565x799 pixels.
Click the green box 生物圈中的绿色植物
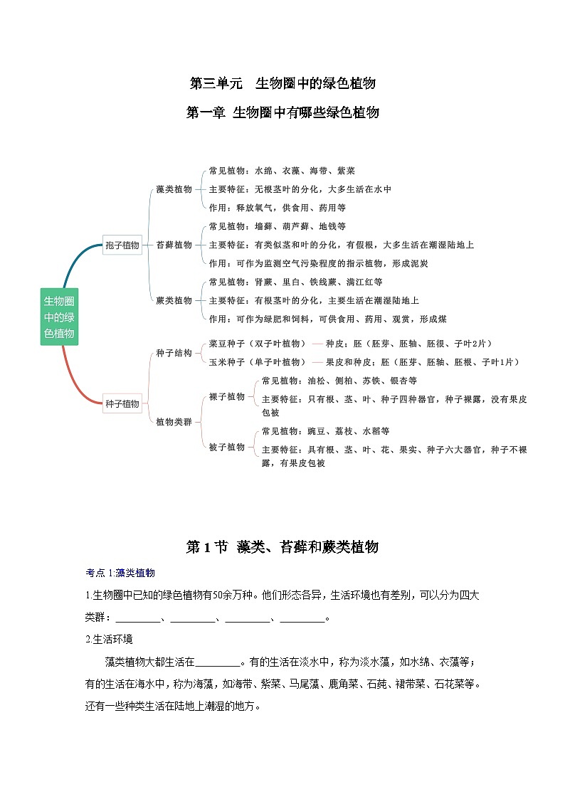(59, 317)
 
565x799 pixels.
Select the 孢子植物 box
(122, 245)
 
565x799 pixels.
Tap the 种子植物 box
(122, 403)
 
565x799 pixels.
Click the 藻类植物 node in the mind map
(174, 189)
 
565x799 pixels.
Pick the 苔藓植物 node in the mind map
(174, 245)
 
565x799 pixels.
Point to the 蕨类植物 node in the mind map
(174, 300)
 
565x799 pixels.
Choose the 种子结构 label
(174, 353)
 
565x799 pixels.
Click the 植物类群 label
(174, 422)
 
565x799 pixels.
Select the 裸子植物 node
(226, 396)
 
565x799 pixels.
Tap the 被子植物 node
(226, 447)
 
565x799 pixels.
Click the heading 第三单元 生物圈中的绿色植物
(282, 83)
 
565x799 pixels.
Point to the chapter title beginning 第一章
(282, 112)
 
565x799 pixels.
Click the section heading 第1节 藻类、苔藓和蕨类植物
(282, 546)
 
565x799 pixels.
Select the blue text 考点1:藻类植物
(120, 573)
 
